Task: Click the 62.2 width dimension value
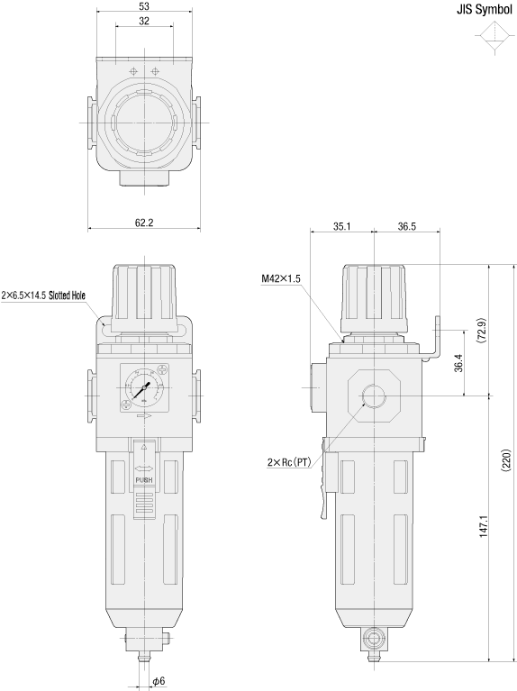click(x=144, y=223)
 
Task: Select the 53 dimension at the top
click(x=144, y=6)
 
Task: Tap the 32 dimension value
click(x=144, y=21)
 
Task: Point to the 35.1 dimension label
click(x=341, y=226)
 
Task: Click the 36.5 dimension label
click(x=406, y=226)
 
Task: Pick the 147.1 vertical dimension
click(x=484, y=524)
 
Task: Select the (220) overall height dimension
click(x=505, y=460)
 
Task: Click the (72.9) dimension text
click(x=481, y=331)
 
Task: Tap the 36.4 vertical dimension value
click(x=458, y=363)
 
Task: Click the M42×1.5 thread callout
click(x=281, y=278)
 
